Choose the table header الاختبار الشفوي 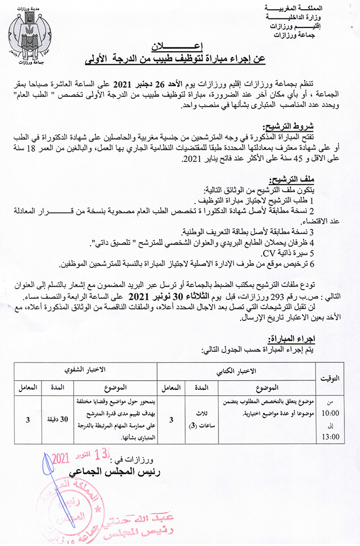[x=86, y=371]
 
